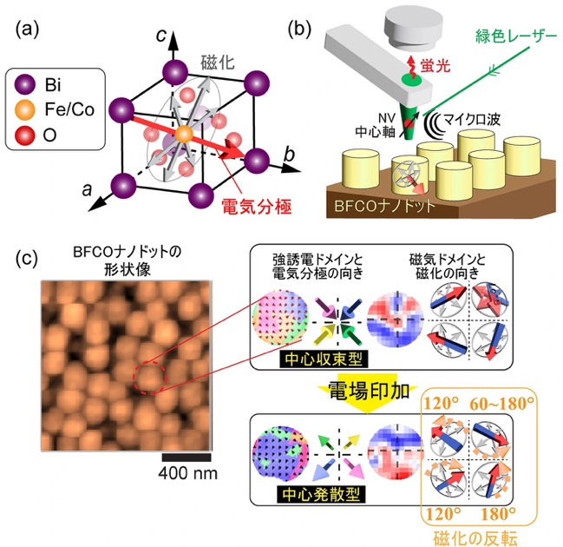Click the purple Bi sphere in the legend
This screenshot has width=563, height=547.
click(25, 85)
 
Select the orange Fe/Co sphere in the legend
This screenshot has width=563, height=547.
click(25, 109)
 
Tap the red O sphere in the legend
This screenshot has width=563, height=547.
click(25, 135)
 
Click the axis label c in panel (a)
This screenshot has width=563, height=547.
click(161, 36)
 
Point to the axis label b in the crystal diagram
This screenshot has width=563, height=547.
click(289, 155)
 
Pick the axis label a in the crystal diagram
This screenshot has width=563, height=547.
click(87, 189)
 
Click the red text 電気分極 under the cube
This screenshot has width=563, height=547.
click(257, 207)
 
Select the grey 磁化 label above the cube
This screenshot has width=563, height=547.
click(217, 63)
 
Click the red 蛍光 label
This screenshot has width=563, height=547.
click(435, 65)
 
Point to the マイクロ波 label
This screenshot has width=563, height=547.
click(471, 119)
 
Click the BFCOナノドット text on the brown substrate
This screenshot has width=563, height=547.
click(384, 206)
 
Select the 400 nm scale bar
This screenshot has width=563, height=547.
click(187, 458)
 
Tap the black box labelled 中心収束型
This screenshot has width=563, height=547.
click(324, 359)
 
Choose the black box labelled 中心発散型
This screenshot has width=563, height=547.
click(321, 495)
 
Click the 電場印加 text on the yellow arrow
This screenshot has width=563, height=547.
click(369, 391)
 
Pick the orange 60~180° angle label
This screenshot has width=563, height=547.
click(502, 404)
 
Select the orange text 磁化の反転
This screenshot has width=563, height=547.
click(475, 538)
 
